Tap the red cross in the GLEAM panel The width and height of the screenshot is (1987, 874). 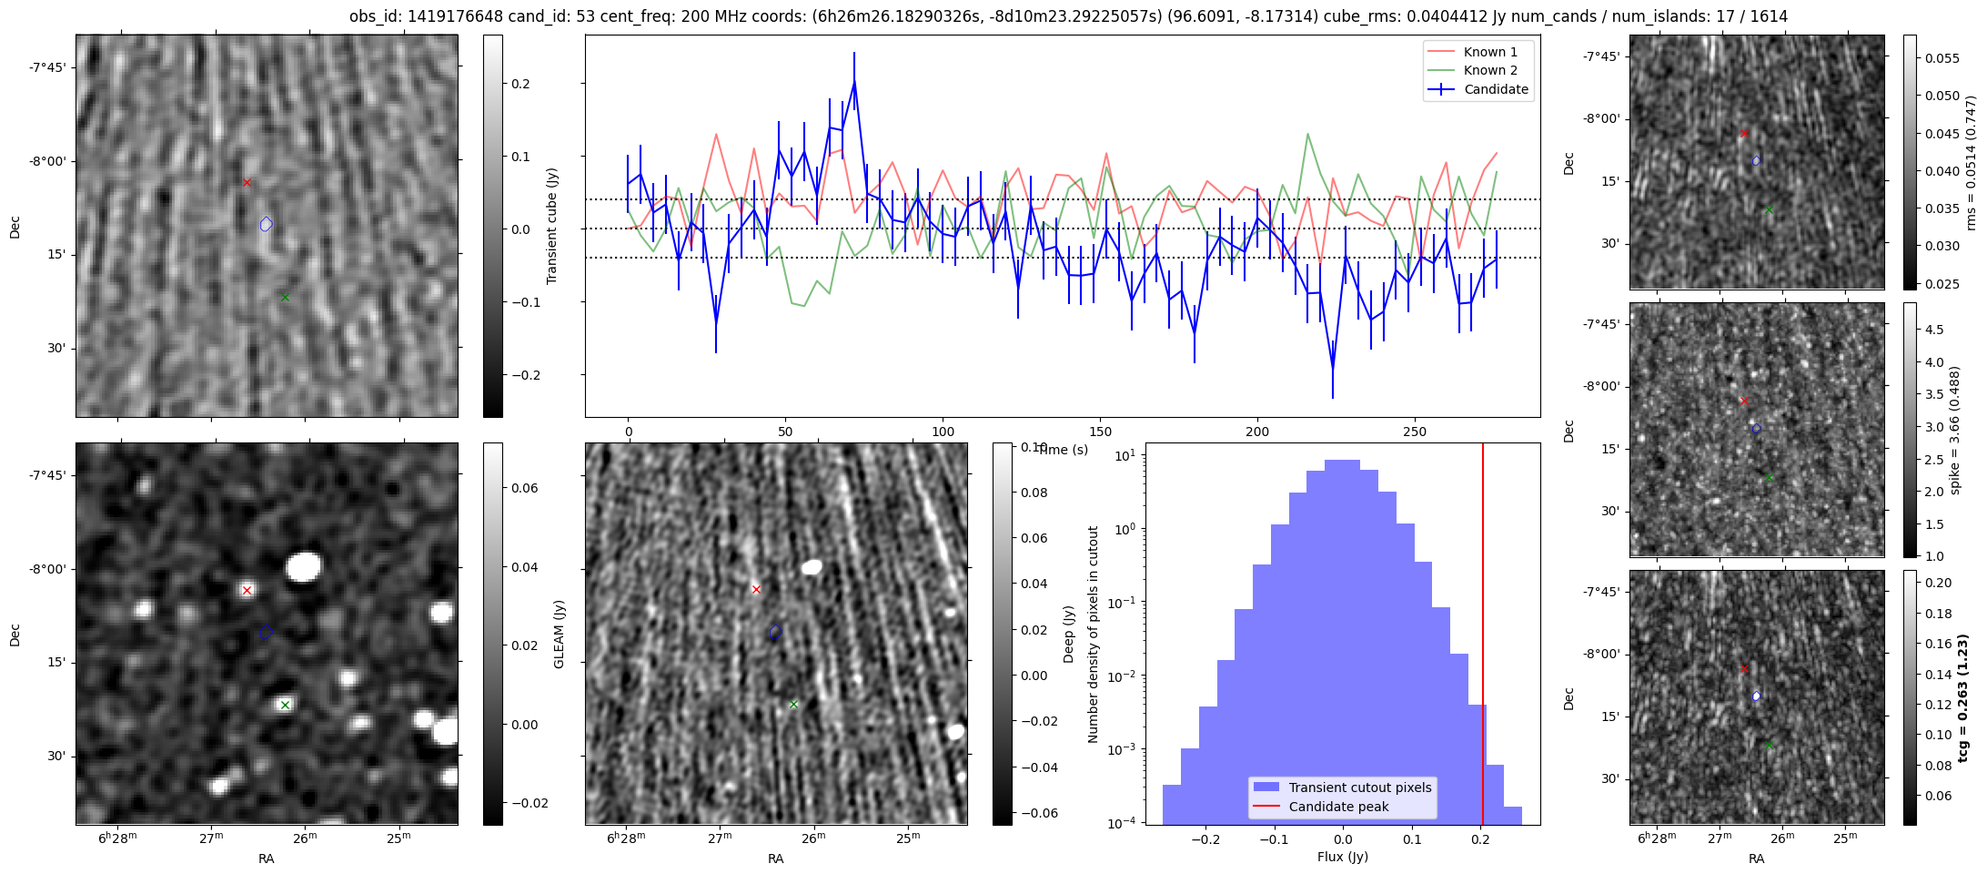click(x=247, y=591)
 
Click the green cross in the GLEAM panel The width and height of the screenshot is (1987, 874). click(x=285, y=705)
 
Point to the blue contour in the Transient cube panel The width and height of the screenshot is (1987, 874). click(x=266, y=224)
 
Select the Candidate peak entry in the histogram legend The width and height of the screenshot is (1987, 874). click(x=1338, y=807)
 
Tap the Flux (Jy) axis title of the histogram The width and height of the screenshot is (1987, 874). click(x=1342, y=857)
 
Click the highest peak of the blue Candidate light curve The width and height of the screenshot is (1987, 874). click(x=854, y=81)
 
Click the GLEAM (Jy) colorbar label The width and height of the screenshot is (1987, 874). click(x=559, y=634)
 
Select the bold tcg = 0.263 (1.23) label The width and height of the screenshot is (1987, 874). click(x=1962, y=697)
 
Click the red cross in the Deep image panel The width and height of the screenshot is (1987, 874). click(x=756, y=590)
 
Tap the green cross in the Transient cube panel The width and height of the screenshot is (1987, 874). click(x=285, y=297)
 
